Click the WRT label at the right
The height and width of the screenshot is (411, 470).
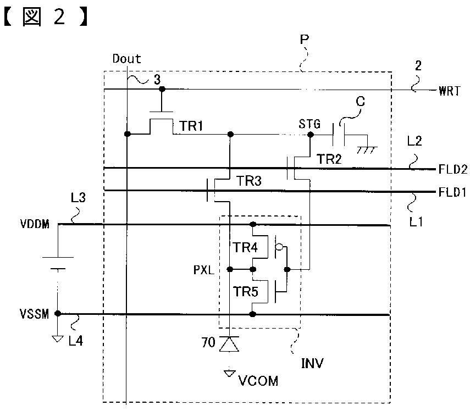pos(449,91)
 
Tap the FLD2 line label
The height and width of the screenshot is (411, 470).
pos(452,169)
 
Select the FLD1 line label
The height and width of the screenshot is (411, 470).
pos(452,192)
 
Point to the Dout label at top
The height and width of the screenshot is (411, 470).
pos(126,59)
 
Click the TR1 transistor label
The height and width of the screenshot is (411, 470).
pos(191,126)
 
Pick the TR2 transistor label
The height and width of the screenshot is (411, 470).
pos(329,159)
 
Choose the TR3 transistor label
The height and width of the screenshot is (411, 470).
pos(249,181)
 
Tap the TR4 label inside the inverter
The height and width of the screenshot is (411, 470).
pos(246,248)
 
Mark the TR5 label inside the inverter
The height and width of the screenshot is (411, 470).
pos(246,291)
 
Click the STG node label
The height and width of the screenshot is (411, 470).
pos(309,124)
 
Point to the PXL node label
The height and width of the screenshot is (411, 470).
pos(204,270)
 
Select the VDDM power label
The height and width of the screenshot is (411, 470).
pos(35,224)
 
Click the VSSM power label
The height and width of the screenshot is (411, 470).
pos(34,314)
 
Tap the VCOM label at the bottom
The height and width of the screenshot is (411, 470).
pos(258,381)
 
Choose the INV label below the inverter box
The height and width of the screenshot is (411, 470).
pos(312,363)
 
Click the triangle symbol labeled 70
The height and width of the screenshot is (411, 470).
pos(229,343)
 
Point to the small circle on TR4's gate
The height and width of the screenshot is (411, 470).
pos(279,247)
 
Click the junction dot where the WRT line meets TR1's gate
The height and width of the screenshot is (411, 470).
pos(162,89)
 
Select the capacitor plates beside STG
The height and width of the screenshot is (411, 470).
pos(339,135)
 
